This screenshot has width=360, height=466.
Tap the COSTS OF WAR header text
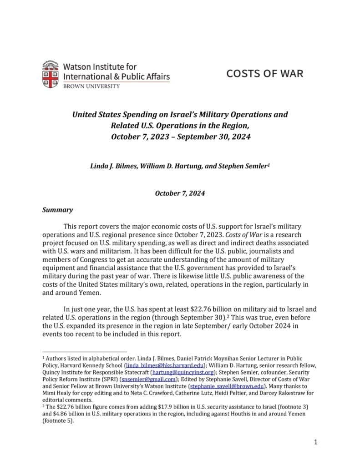click(264, 73)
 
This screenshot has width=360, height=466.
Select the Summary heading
click(57, 210)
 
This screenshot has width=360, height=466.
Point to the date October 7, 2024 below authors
click(180, 193)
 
